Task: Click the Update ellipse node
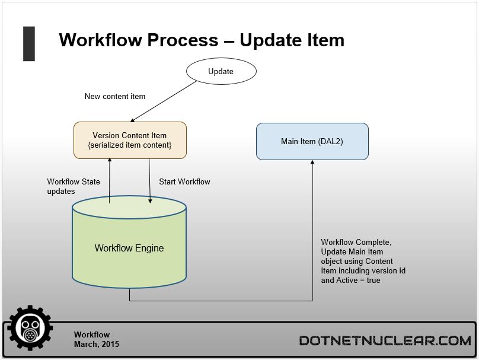[221, 71]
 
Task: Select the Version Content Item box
[130, 141]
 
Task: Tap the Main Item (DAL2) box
[312, 142]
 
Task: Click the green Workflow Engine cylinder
[129, 242]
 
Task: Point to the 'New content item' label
[115, 96]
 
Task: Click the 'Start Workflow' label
[184, 182]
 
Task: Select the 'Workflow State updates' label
[74, 186]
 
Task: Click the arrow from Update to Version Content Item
[164, 101]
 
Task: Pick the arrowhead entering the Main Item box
[312, 163]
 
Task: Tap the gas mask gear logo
[30, 327]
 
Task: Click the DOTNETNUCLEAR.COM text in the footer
[385, 341]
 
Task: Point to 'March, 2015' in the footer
[97, 344]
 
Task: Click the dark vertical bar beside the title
[29, 44]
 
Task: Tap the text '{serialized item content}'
[129, 145]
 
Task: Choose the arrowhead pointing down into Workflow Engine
[150, 201]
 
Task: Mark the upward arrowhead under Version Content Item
[110, 160]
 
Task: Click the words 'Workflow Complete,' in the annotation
[356, 243]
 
